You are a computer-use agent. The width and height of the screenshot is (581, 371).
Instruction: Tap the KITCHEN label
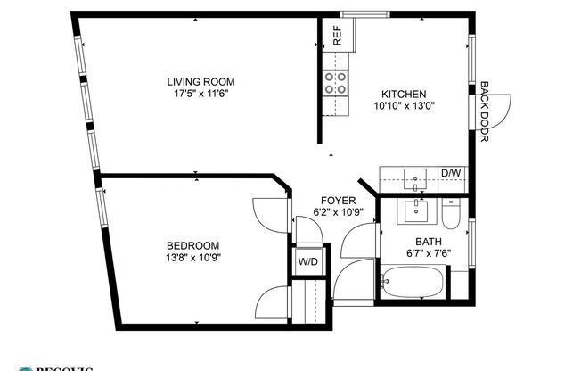(x=405, y=94)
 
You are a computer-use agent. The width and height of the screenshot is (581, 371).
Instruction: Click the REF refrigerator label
(x=338, y=35)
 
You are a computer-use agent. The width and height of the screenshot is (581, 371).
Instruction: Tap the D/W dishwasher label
(x=451, y=173)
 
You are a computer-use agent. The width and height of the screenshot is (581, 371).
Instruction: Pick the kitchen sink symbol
(x=415, y=178)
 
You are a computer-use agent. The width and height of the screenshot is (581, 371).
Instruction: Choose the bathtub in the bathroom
(x=413, y=284)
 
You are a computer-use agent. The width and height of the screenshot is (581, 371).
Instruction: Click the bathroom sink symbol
(x=415, y=211)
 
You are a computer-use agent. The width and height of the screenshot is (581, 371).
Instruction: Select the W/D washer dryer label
(x=308, y=262)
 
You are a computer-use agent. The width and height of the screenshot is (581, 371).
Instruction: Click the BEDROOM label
(x=192, y=245)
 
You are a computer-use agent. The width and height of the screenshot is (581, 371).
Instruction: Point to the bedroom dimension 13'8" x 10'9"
(x=192, y=257)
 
